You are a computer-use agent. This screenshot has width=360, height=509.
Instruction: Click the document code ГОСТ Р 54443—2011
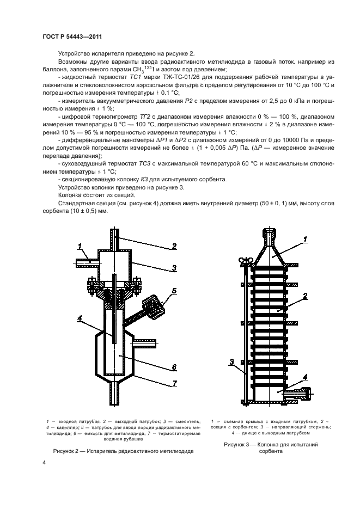72,36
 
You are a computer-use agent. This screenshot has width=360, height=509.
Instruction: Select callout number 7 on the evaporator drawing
174,384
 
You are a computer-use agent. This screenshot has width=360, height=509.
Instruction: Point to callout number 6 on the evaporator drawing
173,366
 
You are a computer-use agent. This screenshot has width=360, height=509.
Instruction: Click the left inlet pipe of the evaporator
86,262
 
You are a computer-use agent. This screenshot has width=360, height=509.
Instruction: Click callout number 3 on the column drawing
231,361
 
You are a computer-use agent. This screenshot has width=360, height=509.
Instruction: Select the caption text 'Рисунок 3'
239,445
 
